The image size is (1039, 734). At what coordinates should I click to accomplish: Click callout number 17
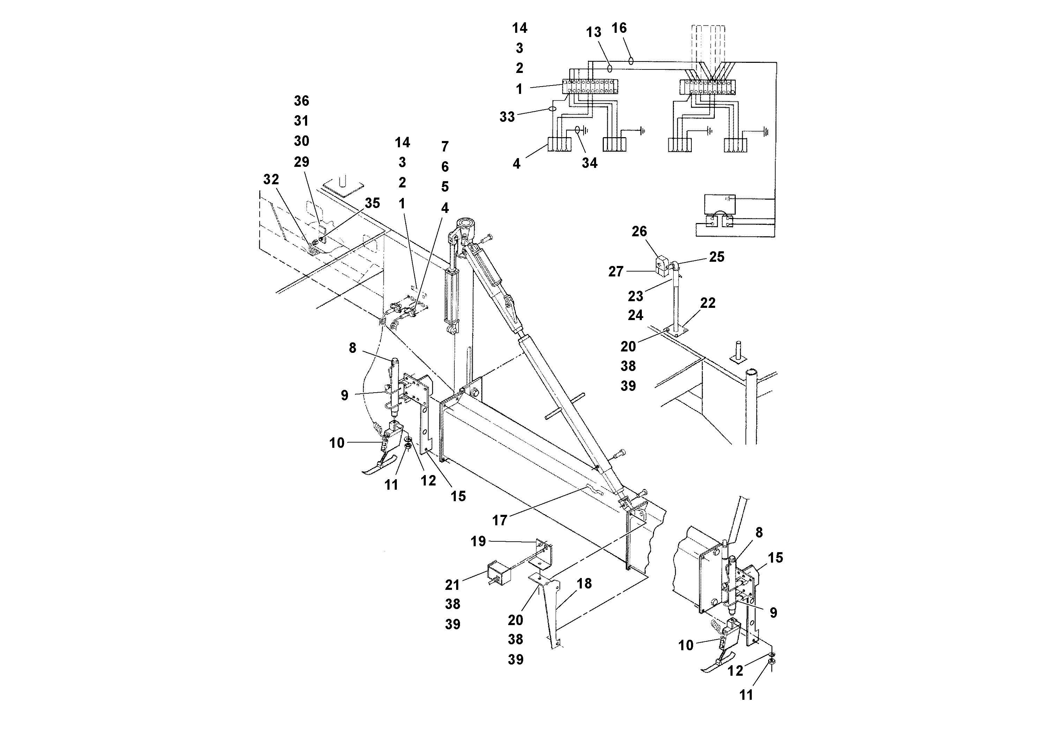499,520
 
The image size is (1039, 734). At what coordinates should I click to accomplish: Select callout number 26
639,232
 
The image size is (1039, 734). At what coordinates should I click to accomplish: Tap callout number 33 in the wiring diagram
507,117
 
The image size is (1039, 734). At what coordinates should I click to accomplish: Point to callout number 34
589,163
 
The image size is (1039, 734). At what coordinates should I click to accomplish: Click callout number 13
593,32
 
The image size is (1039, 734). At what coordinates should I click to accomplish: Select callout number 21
452,585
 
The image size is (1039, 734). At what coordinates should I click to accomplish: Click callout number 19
478,541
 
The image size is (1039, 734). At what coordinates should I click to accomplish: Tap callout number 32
271,180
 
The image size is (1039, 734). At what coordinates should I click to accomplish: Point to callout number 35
372,203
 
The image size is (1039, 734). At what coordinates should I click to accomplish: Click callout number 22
707,303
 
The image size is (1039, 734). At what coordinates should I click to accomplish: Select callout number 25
717,257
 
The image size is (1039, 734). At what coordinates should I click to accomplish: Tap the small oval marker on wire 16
630,60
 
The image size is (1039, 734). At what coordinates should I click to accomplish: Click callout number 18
584,584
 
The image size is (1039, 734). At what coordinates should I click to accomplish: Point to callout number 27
615,272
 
